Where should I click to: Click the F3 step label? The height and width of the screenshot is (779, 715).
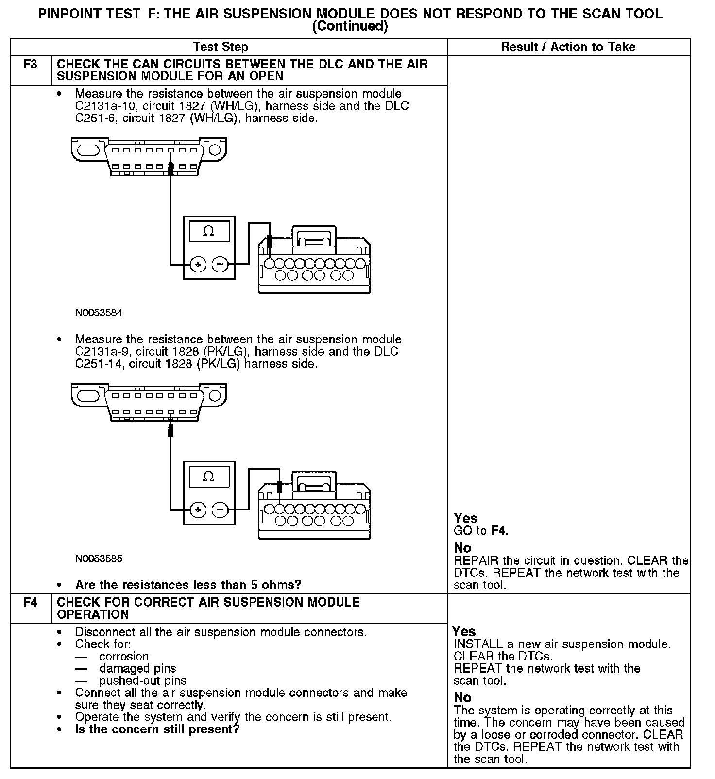(30, 65)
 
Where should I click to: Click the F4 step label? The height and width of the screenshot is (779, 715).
(30, 603)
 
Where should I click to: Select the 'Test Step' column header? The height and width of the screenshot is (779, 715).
(221, 47)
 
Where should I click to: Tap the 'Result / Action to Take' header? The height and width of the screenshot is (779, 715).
(568, 47)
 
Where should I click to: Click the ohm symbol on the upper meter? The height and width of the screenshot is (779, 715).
(208, 231)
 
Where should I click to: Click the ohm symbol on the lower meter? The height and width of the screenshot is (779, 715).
(208, 476)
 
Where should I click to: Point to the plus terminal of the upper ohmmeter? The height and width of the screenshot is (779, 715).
(198, 265)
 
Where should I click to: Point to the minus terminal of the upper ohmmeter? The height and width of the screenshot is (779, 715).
(220, 265)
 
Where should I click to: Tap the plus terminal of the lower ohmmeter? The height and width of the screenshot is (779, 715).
(198, 510)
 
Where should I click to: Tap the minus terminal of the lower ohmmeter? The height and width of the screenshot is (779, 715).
(220, 510)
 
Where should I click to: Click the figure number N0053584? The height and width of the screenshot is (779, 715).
(99, 313)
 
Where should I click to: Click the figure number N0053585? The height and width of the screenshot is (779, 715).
(99, 559)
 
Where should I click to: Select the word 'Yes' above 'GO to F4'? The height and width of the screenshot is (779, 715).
(465, 518)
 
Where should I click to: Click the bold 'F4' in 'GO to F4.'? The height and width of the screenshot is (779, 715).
(498, 531)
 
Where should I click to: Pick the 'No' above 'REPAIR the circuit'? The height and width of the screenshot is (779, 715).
(462, 548)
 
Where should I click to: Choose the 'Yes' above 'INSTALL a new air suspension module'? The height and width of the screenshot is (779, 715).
(463, 631)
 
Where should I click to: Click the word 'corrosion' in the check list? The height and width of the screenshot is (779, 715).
(124, 657)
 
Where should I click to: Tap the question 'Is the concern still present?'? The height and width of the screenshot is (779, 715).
(157, 729)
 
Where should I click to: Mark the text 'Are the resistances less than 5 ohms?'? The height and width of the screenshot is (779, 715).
(188, 585)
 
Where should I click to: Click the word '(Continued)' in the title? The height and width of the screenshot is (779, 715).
(350, 26)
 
